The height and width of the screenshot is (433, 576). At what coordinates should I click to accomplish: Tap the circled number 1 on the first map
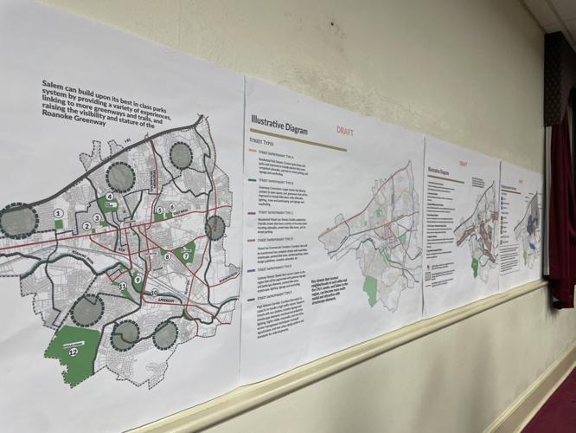coord(59,212)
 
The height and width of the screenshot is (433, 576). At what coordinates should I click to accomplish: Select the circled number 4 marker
coord(110,197)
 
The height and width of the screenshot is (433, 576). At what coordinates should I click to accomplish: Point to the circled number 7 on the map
coord(185,255)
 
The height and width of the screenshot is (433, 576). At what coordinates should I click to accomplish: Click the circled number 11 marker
coord(124,286)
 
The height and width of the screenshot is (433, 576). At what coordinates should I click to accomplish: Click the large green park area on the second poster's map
coord(372,290)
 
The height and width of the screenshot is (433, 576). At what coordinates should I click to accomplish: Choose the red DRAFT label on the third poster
coord(464,164)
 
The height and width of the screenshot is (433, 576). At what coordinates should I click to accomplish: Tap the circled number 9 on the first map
coord(138,278)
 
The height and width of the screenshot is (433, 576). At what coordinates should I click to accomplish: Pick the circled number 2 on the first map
coord(87,228)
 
